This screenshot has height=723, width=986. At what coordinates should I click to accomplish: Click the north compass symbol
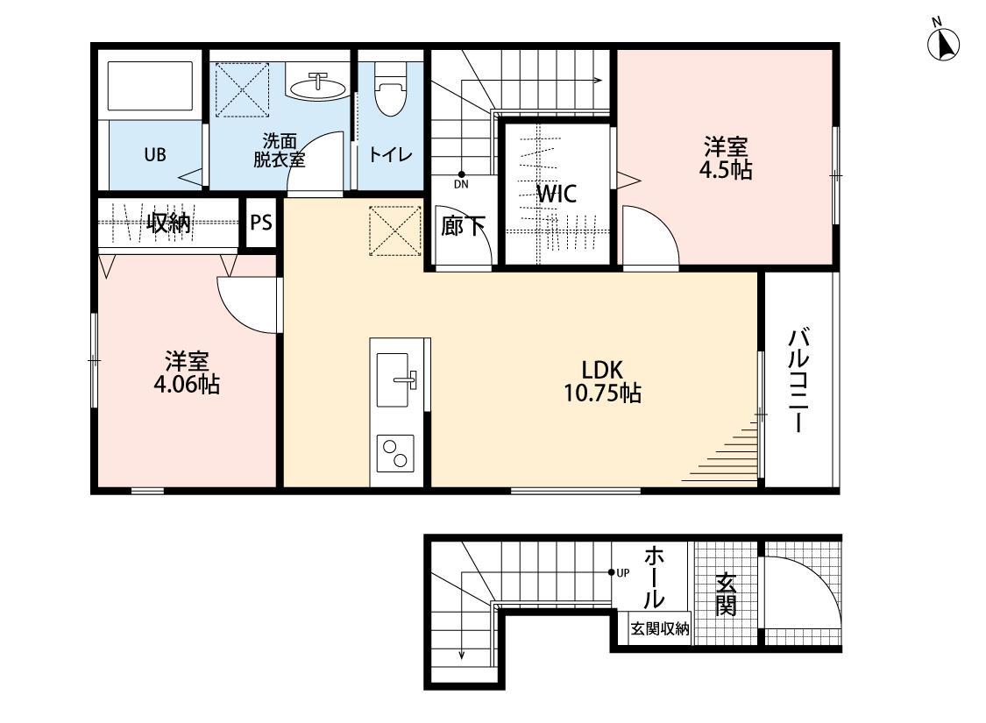coord(943,43)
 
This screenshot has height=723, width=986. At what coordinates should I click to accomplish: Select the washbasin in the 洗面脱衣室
coord(317,87)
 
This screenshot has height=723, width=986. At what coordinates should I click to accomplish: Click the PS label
coord(260,223)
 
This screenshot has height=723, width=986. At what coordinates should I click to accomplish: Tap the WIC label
coord(557,194)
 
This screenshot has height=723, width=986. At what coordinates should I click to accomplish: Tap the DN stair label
coord(461,184)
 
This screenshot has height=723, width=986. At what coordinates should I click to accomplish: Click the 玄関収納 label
coord(660,629)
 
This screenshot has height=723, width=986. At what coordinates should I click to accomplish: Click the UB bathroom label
coord(154,154)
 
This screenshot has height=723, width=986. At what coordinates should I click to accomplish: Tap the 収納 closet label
coord(168,223)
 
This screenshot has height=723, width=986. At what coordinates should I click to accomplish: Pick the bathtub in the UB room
coord(148,86)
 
